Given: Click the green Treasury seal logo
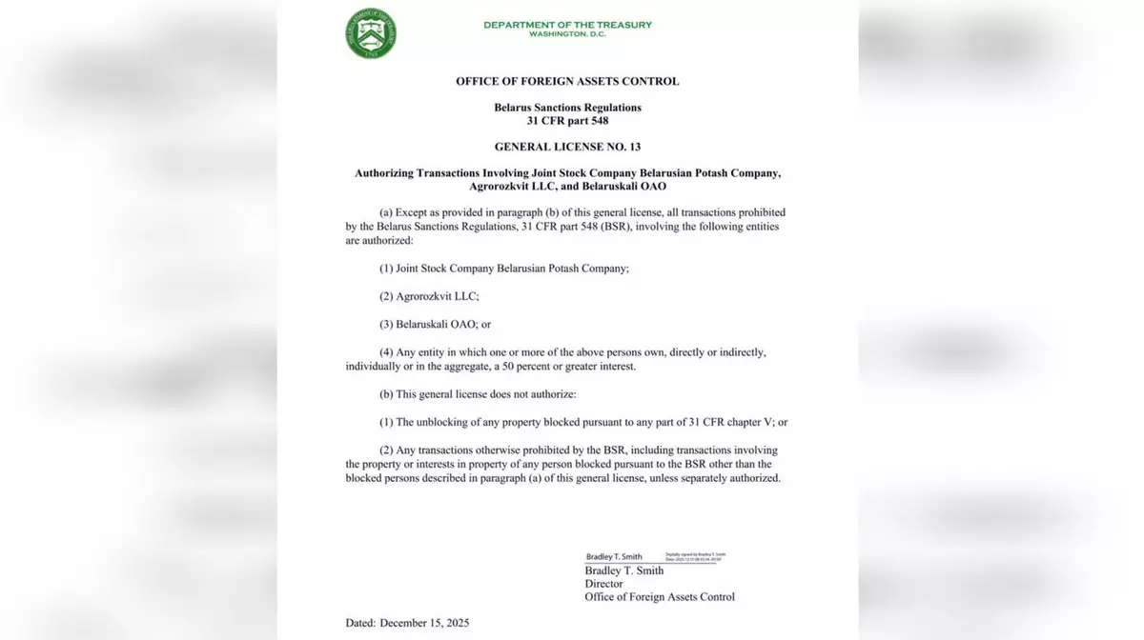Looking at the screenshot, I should pyautogui.click(x=372, y=33).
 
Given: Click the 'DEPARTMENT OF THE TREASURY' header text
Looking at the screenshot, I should pyautogui.click(x=567, y=25).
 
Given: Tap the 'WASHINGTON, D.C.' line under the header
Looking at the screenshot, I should pyautogui.click(x=567, y=35).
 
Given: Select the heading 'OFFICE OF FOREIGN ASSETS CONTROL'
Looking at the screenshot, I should pyautogui.click(x=567, y=82).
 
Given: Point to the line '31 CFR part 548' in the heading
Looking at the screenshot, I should pyautogui.click(x=567, y=121).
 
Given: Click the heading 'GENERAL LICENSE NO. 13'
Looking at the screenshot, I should pyautogui.click(x=567, y=148).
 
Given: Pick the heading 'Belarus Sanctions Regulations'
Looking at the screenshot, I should pyautogui.click(x=567, y=108).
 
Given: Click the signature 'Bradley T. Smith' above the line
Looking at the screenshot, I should pyautogui.click(x=614, y=557).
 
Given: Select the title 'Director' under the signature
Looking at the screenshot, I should pyautogui.click(x=603, y=584).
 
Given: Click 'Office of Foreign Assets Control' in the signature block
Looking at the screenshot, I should pyautogui.click(x=660, y=597).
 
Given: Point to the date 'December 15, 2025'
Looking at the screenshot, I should pyautogui.click(x=424, y=624).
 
